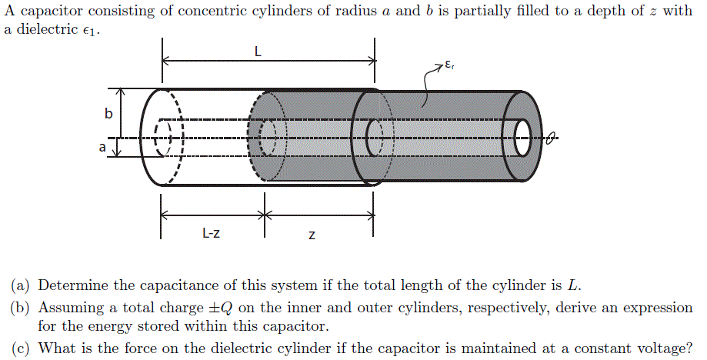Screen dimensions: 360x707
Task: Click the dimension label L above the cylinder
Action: (258, 52)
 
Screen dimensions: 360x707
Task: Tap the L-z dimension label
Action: (211, 233)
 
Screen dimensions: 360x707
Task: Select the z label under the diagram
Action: (311, 235)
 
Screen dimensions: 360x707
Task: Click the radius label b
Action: (108, 115)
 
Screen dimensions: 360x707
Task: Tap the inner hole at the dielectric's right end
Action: (522, 138)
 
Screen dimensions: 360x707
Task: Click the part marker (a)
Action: (21, 286)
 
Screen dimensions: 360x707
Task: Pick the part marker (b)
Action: (21, 308)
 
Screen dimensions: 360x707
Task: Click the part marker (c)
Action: (21, 348)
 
